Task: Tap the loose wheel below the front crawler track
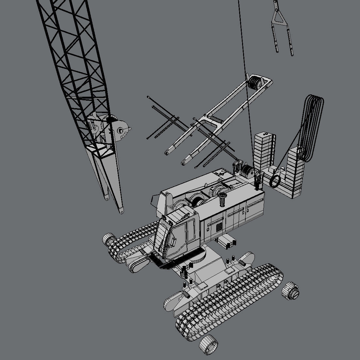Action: pos(208,346)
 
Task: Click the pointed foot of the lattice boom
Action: pos(121,211)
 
